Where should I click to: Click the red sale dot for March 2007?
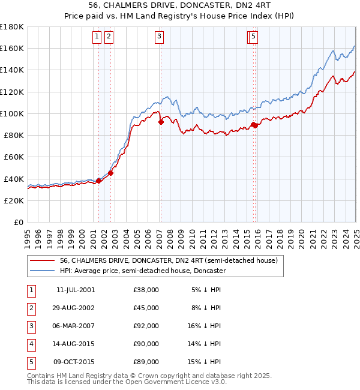161,122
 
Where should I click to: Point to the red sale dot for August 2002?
111,173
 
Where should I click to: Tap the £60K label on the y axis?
14,157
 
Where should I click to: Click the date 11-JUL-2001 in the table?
75,290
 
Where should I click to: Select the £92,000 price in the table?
146,326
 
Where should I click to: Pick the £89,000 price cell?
146,362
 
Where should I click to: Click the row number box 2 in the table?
31,308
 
